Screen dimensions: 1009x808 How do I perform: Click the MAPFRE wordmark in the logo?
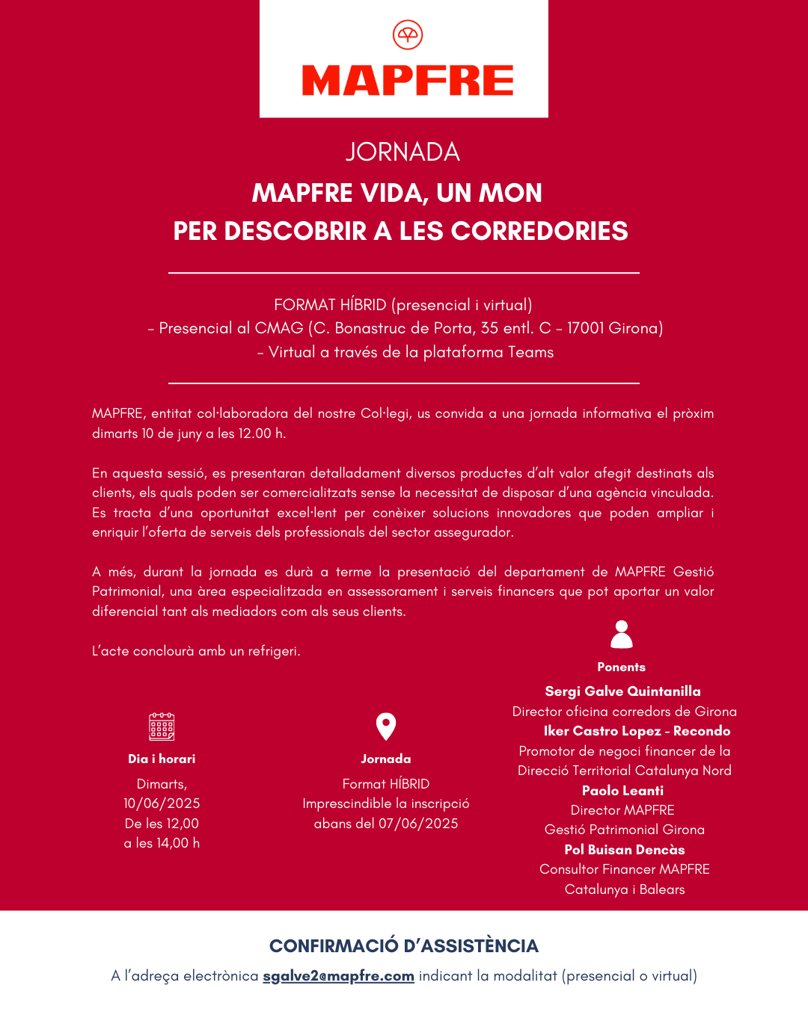(408, 81)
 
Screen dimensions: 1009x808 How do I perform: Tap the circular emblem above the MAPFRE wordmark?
(408, 34)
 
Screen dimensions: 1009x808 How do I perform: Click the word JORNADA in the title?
(403, 152)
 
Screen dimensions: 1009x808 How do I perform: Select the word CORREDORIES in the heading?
(539, 231)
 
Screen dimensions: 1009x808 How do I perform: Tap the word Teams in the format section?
(530, 352)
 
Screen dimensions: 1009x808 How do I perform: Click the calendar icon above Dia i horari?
(162, 726)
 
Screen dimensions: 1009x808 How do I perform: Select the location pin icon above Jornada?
(386, 726)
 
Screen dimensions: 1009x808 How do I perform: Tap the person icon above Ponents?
(622, 635)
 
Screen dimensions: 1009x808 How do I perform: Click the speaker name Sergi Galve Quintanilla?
(622, 691)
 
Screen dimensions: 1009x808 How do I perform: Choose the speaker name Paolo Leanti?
(622, 791)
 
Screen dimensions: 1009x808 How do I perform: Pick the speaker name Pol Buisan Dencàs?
(625, 850)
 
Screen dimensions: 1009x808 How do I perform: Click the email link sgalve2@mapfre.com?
(338, 976)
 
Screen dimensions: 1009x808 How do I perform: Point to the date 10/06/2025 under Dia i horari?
(162, 803)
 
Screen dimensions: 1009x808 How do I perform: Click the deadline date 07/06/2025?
(418, 824)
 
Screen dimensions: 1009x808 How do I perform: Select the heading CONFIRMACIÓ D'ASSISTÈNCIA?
(404, 946)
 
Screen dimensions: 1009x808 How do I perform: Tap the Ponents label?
(621, 667)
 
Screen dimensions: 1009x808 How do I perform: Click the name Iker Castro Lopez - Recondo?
(637, 731)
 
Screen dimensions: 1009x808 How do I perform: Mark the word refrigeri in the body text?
(274, 651)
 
